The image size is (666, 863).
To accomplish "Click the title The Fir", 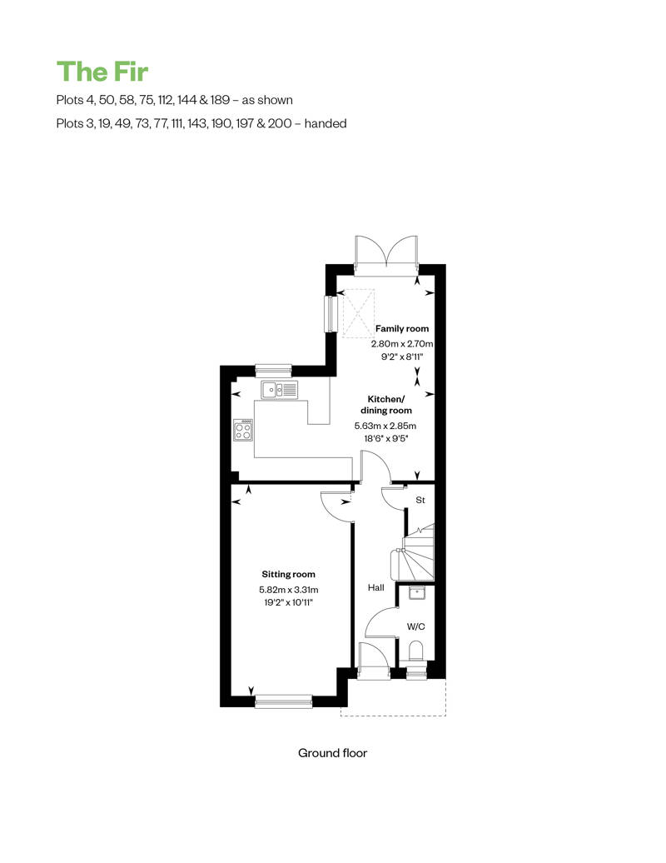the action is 102,72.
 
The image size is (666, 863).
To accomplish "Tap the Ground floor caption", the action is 332,753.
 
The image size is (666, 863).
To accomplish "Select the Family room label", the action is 402,328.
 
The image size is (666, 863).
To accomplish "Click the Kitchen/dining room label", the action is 386,405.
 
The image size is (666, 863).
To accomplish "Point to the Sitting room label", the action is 288,574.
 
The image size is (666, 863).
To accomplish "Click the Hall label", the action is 376,588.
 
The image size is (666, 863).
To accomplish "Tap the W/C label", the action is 415,626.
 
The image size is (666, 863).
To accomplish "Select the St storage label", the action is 420,500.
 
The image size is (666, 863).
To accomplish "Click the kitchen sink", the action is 280,390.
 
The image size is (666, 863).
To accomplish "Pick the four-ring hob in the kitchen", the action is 243,430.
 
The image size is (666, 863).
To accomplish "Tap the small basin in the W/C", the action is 415,593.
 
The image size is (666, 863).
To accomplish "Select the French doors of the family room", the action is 386,255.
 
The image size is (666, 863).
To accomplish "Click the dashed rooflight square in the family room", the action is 359,313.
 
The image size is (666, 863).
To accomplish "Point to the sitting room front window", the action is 284,701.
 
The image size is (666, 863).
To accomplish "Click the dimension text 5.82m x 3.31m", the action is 289,590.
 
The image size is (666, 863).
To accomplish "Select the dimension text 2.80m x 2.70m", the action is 402,343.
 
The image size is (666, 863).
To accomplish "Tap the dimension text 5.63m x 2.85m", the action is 385,426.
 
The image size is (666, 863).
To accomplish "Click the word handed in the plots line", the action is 326,123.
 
